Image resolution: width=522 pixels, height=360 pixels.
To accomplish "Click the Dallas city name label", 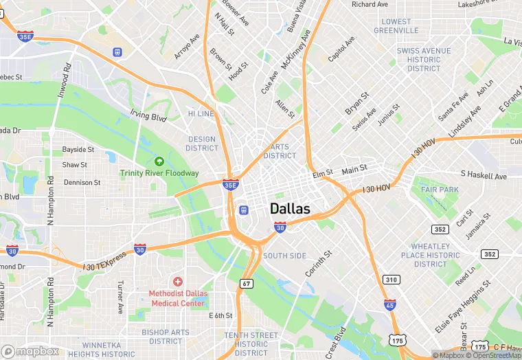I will tap(290, 209).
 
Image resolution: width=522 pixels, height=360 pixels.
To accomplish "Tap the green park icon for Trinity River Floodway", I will tap(159, 161).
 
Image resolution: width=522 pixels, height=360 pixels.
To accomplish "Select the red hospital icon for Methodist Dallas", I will tap(177, 282).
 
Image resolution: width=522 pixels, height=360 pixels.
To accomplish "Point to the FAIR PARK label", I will tap(440, 190).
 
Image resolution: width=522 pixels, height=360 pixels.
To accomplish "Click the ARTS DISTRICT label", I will tap(280, 151).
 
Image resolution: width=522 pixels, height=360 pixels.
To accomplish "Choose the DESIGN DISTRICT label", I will tap(202, 144).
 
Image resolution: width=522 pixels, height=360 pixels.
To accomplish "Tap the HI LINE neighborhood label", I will tap(201, 113).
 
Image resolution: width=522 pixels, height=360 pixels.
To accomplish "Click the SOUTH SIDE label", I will tap(284, 256).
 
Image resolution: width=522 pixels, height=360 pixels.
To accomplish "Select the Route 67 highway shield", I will tap(246, 283).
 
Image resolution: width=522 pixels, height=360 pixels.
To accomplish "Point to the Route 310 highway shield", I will tap(391, 280).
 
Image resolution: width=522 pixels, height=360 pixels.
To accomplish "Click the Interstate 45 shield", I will tap(389, 304).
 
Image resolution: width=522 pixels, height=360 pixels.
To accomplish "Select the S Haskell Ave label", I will tap(483, 176).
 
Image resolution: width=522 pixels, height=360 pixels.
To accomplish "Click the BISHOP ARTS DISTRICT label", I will tap(166, 337).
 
